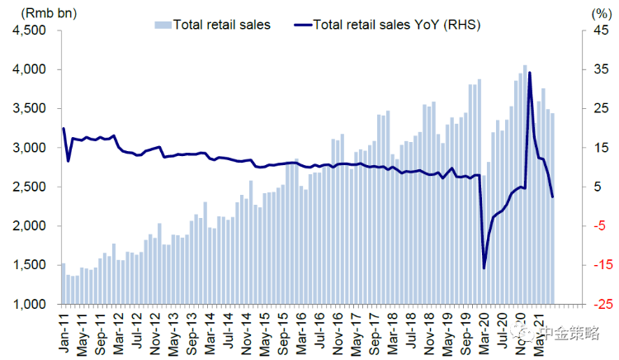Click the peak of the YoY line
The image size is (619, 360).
tap(529, 73)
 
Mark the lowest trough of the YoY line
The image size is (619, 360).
tap(484, 268)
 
